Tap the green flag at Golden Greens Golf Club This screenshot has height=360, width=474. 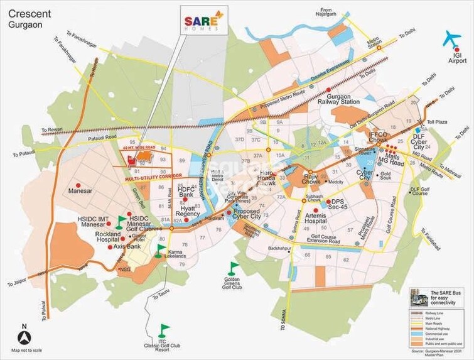(234, 268)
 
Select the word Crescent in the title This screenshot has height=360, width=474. (30, 12)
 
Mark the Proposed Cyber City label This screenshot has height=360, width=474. (250, 215)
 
